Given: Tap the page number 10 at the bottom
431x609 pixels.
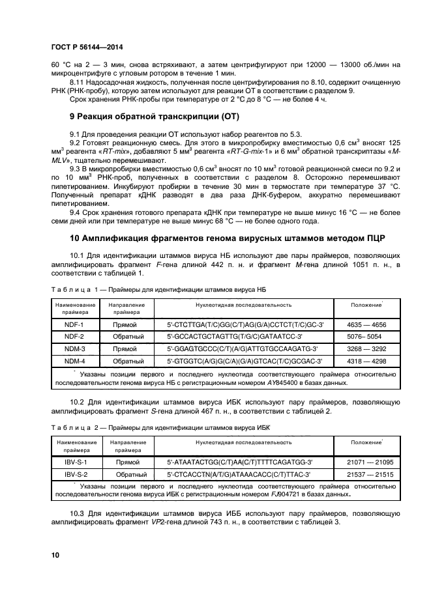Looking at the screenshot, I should coord(55,555).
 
